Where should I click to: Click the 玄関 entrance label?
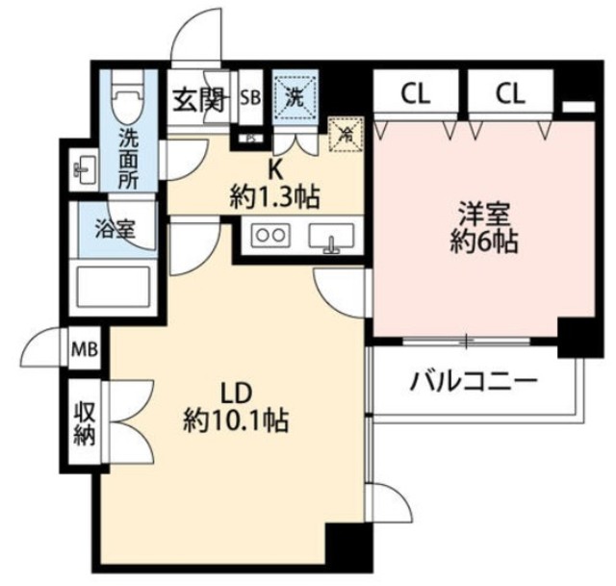[x=199, y=99]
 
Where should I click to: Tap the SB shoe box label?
[x=250, y=96]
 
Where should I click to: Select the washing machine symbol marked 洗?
[x=290, y=97]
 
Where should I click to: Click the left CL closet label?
[x=415, y=94]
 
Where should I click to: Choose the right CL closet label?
[x=510, y=94]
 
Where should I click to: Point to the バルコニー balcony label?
[x=474, y=381]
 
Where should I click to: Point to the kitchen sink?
[x=331, y=235]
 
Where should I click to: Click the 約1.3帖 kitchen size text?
[x=274, y=198]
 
